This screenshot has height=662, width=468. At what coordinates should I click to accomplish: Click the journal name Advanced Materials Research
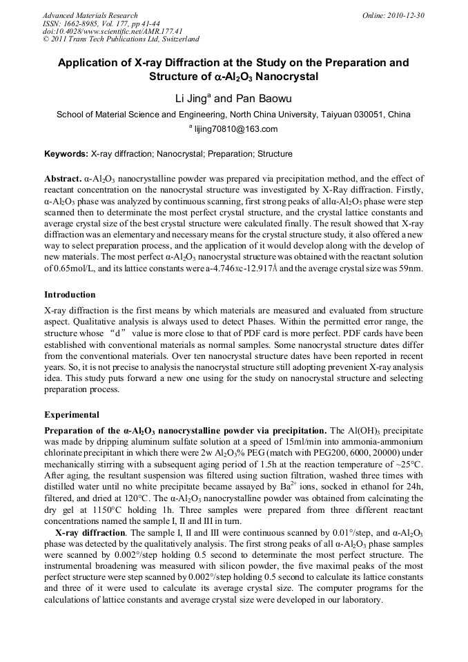[x=90, y=15]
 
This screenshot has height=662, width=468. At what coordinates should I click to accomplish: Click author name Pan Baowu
[x=255, y=99]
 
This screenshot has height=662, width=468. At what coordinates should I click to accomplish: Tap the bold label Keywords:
[x=66, y=154]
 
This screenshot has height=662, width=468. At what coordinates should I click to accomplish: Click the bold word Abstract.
[x=63, y=179]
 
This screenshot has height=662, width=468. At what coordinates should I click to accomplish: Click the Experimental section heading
[x=72, y=415]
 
